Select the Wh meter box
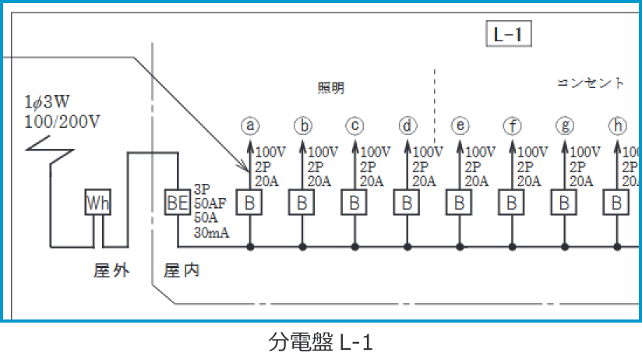[98, 203]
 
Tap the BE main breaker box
[177, 203]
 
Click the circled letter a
[250, 125]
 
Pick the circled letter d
[407, 125]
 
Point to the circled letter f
[512, 125]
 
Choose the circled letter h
[618, 125]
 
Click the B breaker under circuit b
[302, 203]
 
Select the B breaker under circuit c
[355, 203]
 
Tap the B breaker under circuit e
[460, 203]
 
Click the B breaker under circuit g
[564, 203]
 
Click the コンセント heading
[591, 83]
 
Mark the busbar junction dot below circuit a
[250, 247]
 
